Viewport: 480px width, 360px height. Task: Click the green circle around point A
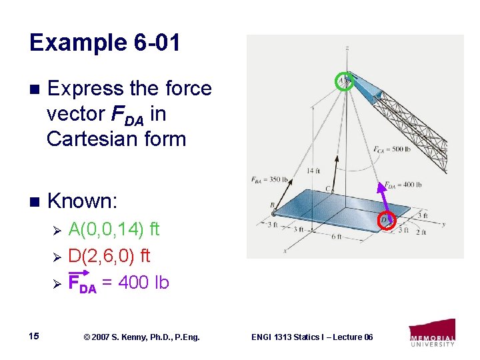pos(344,81)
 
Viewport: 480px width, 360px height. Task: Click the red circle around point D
pos(387,219)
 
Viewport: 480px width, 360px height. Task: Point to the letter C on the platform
pos(327,189)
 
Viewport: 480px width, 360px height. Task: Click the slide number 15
pos(35,336)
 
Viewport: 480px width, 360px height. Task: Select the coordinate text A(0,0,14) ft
pos(114,230)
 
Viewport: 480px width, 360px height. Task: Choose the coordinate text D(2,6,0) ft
pos(109,256)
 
